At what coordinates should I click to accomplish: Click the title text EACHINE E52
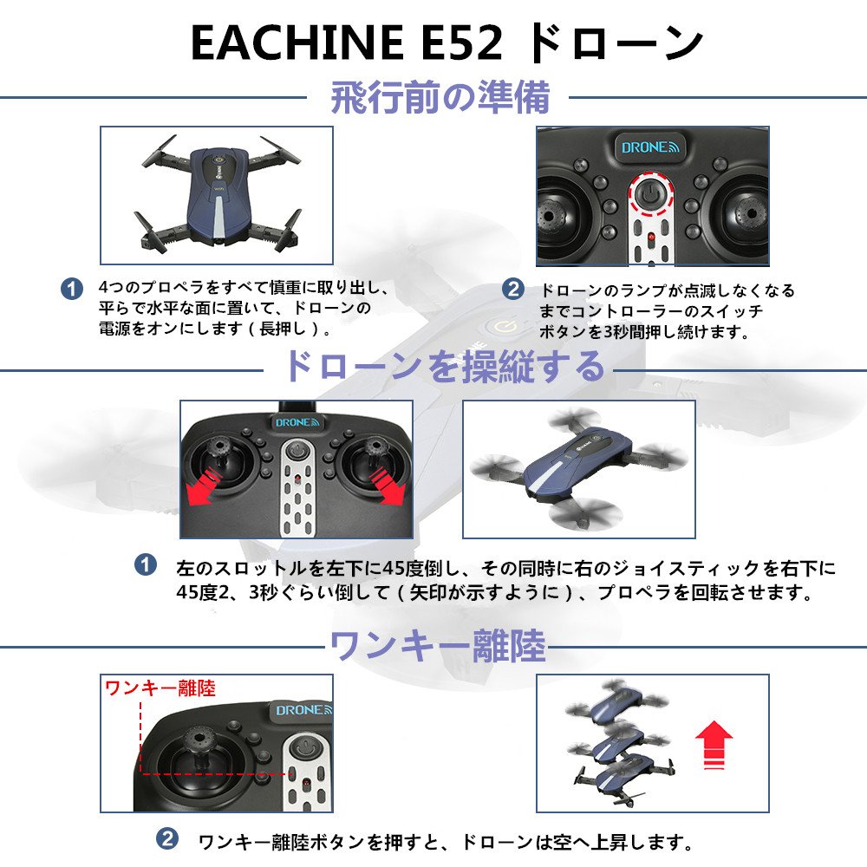347,43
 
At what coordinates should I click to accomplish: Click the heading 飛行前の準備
440,97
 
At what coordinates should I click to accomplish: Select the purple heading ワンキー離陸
438,645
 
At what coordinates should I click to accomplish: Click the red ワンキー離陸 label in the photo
160,688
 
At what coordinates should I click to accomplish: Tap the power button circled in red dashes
651,194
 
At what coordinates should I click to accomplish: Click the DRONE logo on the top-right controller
650,147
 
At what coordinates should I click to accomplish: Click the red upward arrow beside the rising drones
714,744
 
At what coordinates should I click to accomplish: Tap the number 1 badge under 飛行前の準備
72,289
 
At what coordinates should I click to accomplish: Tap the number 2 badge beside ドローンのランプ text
513,289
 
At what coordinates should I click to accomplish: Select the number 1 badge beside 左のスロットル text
146,564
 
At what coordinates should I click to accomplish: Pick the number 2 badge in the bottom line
167,838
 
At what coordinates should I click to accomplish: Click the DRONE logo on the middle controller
297,422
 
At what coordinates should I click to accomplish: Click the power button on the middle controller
297,450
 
